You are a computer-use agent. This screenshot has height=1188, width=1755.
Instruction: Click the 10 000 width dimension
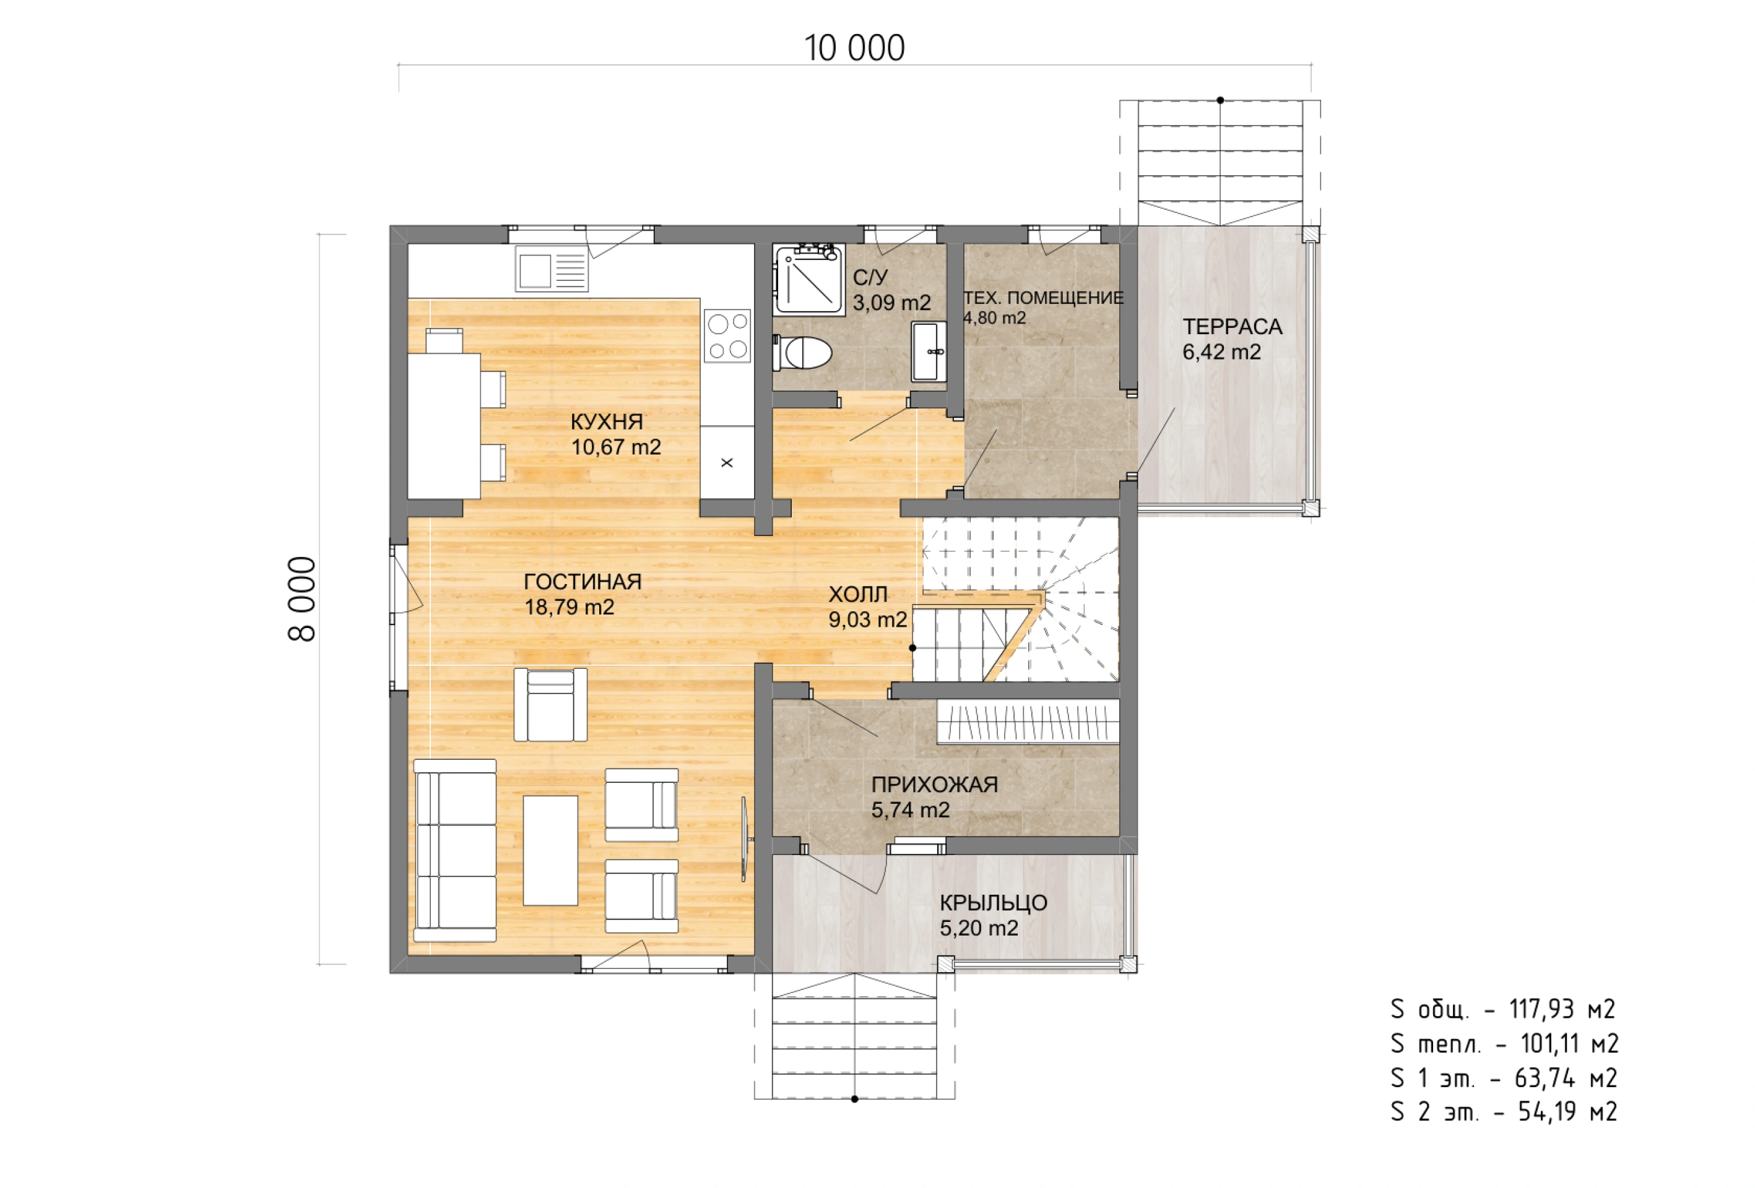point(854,48)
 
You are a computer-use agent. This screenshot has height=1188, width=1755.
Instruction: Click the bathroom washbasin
point(929,351)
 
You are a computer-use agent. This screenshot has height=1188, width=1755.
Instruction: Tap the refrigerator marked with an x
point(727,462)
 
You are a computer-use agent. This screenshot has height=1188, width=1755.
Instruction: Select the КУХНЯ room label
point(607,421)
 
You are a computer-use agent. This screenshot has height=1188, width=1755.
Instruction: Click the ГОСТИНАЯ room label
point(583,581)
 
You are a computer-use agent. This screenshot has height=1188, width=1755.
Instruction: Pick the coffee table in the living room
point(550,850)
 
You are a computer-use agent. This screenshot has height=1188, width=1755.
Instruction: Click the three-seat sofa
point(454,851)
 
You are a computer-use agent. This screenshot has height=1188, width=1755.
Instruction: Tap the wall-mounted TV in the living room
point(744,839)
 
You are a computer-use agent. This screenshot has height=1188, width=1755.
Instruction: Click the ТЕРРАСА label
point(1232,327)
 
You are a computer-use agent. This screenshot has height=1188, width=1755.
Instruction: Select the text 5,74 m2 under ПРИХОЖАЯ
point(910,810)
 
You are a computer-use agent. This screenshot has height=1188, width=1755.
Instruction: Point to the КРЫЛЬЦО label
point(993,903)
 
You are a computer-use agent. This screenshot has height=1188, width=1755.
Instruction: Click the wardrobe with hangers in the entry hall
point(1028,722)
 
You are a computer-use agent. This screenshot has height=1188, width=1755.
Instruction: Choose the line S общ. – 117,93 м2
point(1503,1009)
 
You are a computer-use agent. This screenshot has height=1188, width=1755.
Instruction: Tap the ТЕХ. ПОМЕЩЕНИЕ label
point(1044,298)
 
